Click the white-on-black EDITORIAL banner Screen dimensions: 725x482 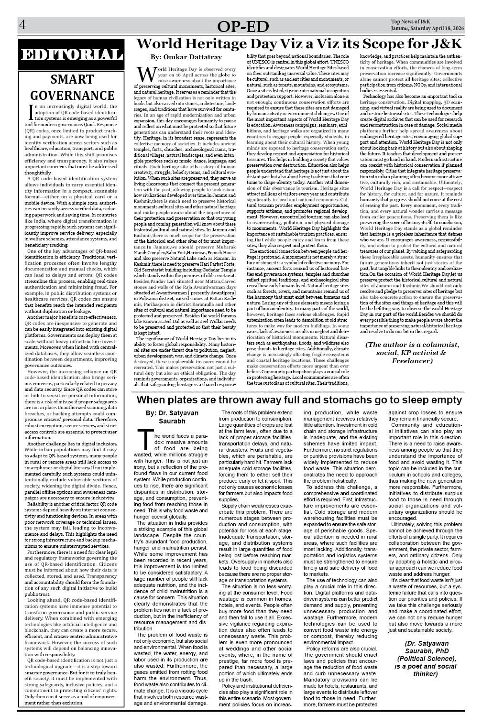coord(71,54)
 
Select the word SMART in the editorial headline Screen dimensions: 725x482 coord(72,79)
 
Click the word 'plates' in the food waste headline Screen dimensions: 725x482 coord(188,400)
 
